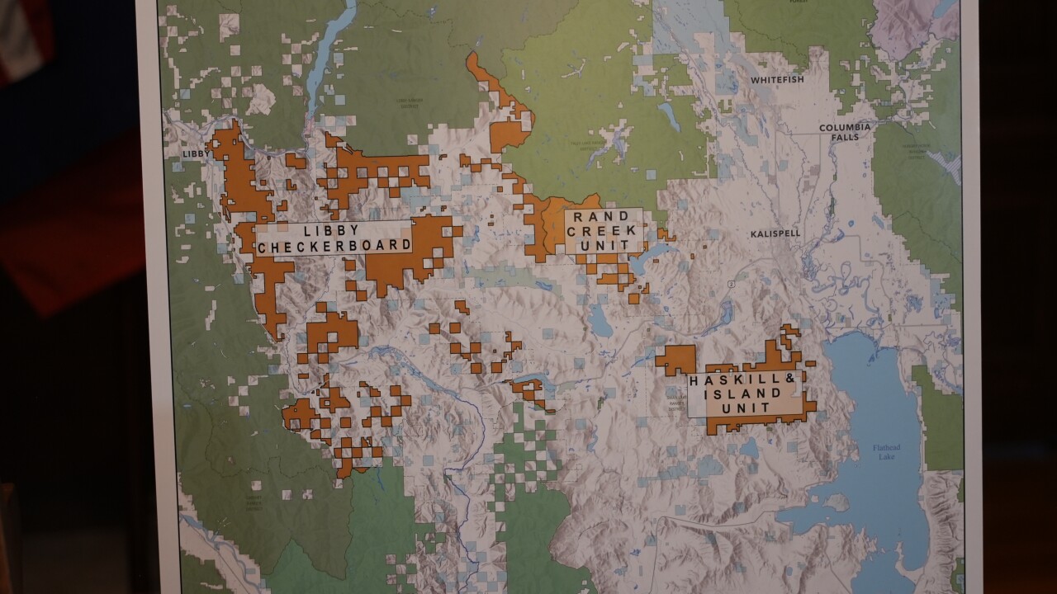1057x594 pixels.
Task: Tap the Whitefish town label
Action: (x=776, y=80)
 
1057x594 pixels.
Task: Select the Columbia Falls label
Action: (x=844, y=132)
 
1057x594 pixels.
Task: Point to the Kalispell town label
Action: (x=775, y=233)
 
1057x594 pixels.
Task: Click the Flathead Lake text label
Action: (x=890, y=451)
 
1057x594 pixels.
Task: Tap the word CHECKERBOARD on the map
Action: (x=333, y=246)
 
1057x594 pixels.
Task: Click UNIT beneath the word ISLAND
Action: (x=744, y=408)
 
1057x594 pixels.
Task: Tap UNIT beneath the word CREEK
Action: (x=600, y=246)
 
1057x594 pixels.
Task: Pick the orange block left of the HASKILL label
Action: (x=675, y=360)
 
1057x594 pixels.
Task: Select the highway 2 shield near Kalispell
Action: (x=730, y=285)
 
